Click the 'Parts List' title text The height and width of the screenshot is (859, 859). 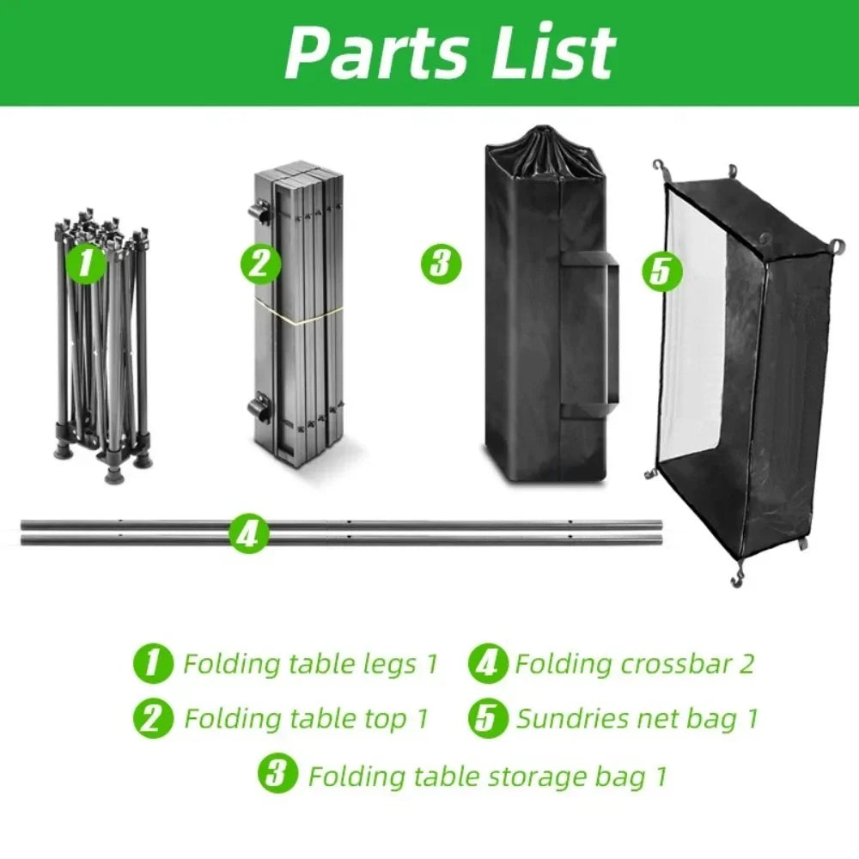(449, 52)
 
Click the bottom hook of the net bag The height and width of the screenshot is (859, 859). (736, 578)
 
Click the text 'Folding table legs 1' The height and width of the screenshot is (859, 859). (311, 664)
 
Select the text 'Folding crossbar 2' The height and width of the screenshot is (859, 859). (634, 664)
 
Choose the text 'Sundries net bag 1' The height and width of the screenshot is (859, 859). (637, 718)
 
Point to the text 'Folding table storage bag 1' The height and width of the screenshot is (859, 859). (487, 777)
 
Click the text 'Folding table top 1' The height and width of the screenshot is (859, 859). (306, 718)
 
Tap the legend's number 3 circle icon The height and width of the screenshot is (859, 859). (275, 776)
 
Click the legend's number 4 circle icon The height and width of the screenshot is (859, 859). (488, 664)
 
